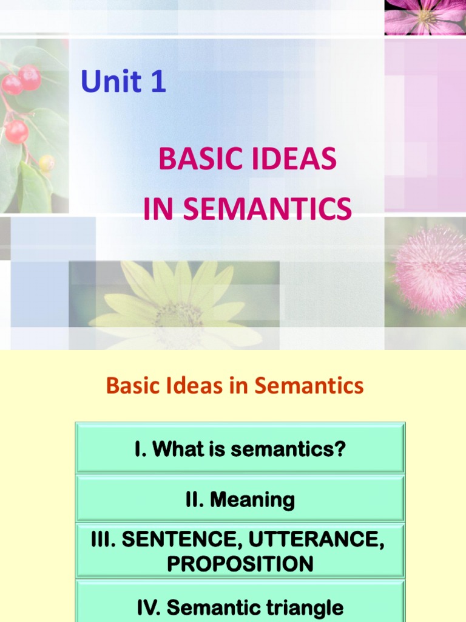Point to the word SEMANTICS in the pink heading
[x=267, y=208]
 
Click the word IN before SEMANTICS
[x=159, y=208]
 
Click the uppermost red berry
[x=29, y=76]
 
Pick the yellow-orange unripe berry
[x=47, y=162]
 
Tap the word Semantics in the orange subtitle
[x=309, y=385]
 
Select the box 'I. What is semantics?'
[x=240, y=449]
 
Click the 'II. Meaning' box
[x=240, y=500]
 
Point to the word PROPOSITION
[x=240, y=564]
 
